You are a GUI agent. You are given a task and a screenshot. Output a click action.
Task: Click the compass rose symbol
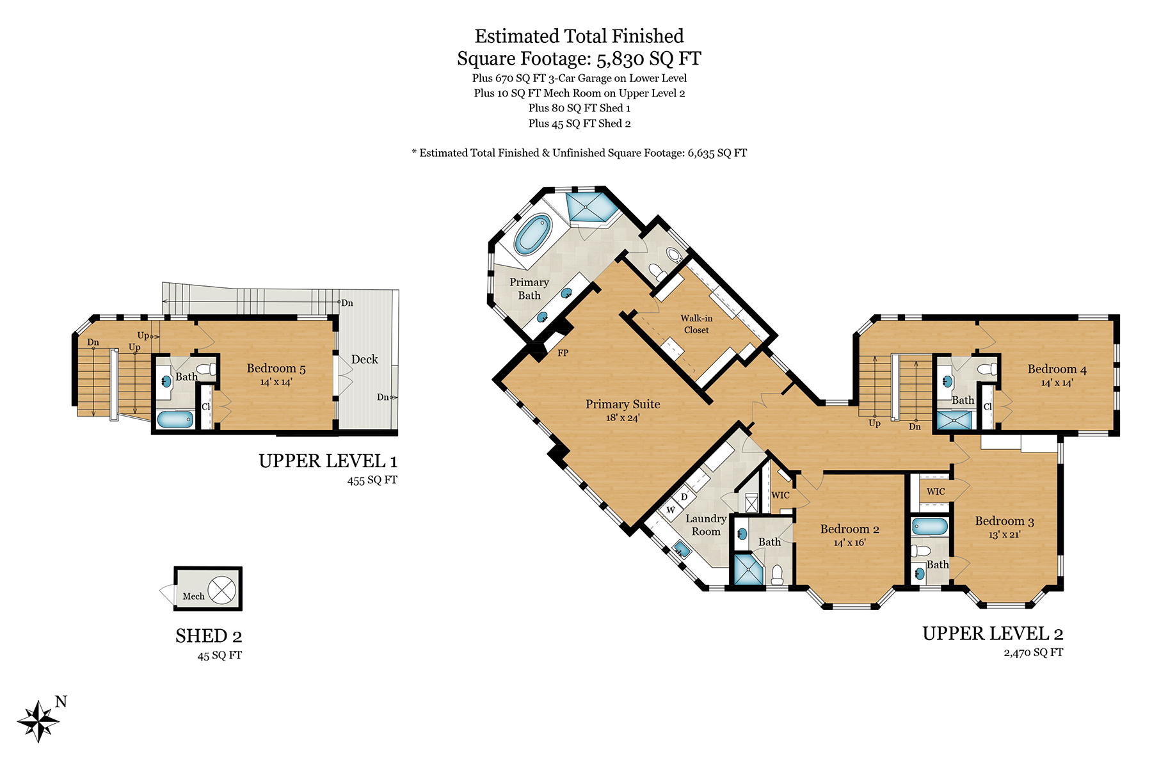click(x=38, y=721)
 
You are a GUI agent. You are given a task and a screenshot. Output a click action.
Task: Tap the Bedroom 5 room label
click(x=276, y=369)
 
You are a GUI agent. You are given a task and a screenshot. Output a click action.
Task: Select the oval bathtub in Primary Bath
click(x=532, y=234)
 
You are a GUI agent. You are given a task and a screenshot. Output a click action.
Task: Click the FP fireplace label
click(x=563, y=353)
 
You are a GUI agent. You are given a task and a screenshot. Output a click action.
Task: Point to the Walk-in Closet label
click(x=696, y=324)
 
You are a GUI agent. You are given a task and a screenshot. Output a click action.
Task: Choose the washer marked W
click(x=671, y=510)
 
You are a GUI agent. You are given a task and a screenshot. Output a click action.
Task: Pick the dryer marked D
click(x=684, y=497)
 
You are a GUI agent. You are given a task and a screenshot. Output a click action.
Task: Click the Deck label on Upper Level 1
click(x=365, y=360)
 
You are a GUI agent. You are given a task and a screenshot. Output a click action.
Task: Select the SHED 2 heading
click(x=209, y=636)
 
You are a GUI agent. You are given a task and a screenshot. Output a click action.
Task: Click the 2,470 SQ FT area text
click(x=1033, y=653)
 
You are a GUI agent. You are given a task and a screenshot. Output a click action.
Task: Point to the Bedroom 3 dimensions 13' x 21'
click(x=1004, y=534)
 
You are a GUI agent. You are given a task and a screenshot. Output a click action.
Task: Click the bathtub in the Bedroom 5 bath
click(x=175, y=419)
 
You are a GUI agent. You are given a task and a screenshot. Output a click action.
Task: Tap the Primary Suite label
click(x=623, y=404)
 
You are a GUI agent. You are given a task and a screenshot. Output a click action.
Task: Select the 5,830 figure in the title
click(x=620, y=60)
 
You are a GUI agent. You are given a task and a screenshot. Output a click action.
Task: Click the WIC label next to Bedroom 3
click(x=936, y=492)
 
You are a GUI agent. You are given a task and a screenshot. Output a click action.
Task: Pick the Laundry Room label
click(x=706, y=525)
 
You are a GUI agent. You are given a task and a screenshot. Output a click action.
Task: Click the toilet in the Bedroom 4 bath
click(x=988, y=369)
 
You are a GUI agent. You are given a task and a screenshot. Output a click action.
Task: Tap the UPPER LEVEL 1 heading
click(x=328, y=461)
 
